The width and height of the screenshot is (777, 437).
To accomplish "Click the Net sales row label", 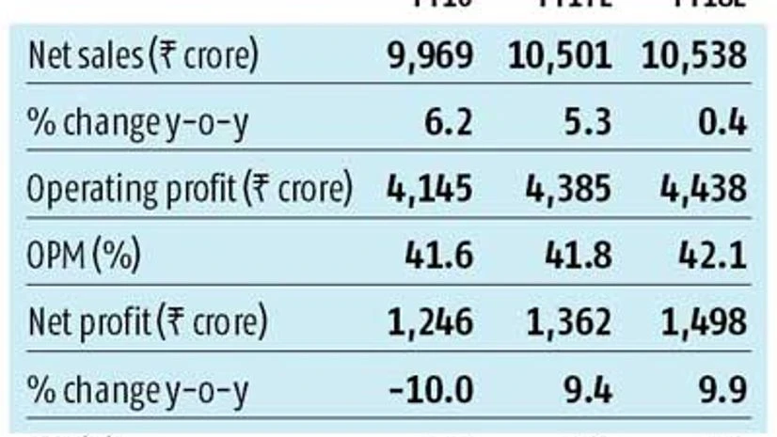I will click(x=142, y=55).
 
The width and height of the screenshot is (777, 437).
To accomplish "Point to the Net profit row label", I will click(x=147, y=323).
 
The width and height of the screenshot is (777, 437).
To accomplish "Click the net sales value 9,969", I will click(x=431, y=55).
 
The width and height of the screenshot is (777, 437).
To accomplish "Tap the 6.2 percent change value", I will click(x=449, y=123).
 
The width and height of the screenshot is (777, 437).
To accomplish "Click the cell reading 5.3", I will click(x=587, y=123).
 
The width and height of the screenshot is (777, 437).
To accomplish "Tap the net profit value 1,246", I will click(x=431, y=323).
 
